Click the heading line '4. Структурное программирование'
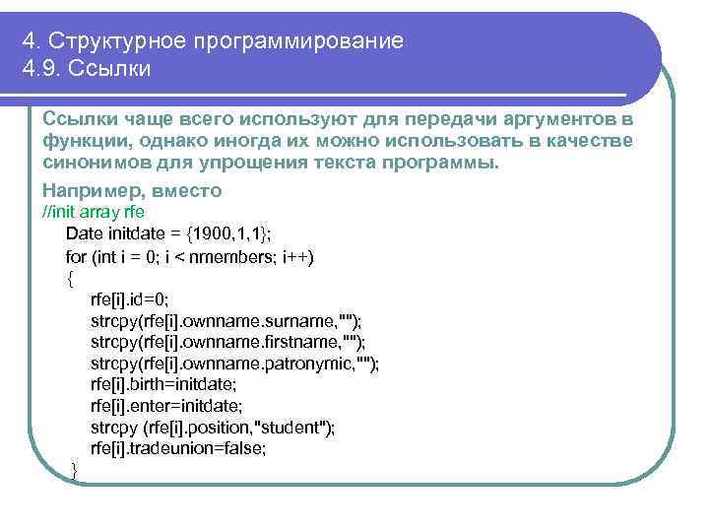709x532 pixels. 214,41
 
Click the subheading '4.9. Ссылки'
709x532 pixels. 87,70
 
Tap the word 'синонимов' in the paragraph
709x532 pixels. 96,164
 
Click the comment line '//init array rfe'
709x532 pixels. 95,212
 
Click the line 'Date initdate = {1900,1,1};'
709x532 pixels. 168,233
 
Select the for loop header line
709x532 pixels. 189,256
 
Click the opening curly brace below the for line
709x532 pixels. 69,277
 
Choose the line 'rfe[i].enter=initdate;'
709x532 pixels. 165,405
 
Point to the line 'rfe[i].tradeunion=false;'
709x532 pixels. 177,448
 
